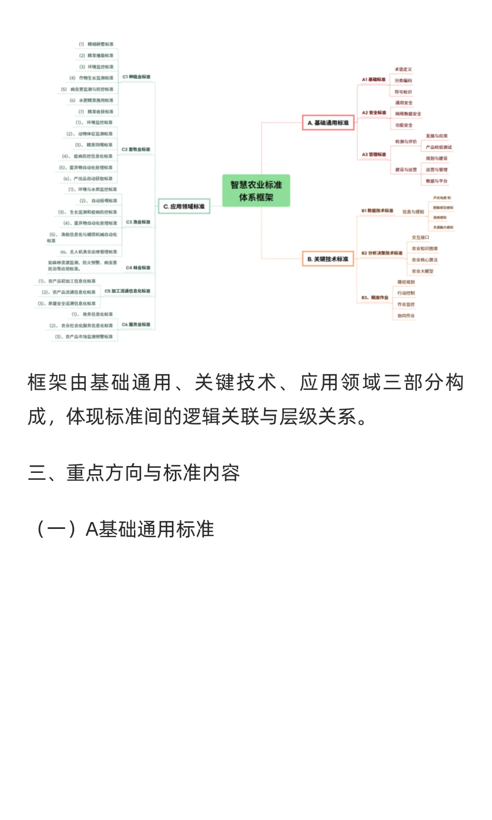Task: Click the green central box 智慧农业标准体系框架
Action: (256, 191)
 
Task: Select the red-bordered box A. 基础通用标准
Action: (328, 123)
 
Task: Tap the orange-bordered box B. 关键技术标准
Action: (328, 259)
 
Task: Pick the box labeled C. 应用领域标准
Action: (184, 206)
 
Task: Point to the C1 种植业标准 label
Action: (136, 77)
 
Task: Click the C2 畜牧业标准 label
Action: (136, 149)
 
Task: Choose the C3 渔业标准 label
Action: (138, 222)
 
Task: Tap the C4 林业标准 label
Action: (138, 268)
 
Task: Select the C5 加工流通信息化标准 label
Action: (128, 291)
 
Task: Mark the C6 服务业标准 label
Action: (136, 325)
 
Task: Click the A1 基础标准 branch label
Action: (374, 80)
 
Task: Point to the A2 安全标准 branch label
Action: (374, 113)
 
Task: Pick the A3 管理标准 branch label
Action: (374, 155)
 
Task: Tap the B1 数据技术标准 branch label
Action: (377, 211)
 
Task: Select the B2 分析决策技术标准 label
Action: (382, 253)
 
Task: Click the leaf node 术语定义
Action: (403, 69)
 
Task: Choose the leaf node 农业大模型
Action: (422, 272)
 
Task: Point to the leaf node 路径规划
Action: (406, 282)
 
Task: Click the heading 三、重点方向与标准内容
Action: (134, 473)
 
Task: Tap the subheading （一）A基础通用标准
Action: (123, 529)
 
